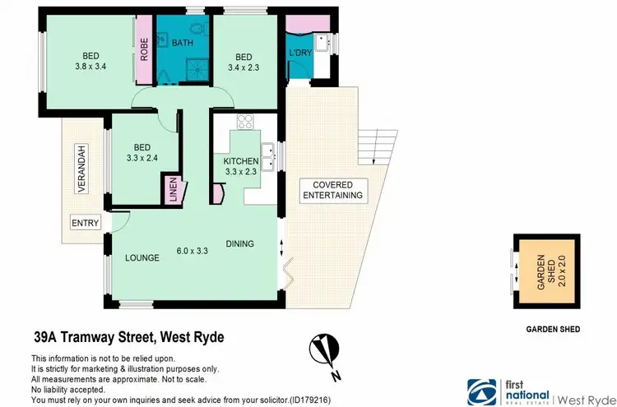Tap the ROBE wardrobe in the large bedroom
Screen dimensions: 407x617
[143, 50]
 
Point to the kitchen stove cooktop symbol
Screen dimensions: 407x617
[245, 123]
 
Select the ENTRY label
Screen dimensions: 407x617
[85, 223]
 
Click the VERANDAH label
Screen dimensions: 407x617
[81, 173]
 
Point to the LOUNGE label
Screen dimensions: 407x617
[141, 257]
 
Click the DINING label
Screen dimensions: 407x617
[240, 243]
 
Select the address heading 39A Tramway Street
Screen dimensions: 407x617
[128, 337]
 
